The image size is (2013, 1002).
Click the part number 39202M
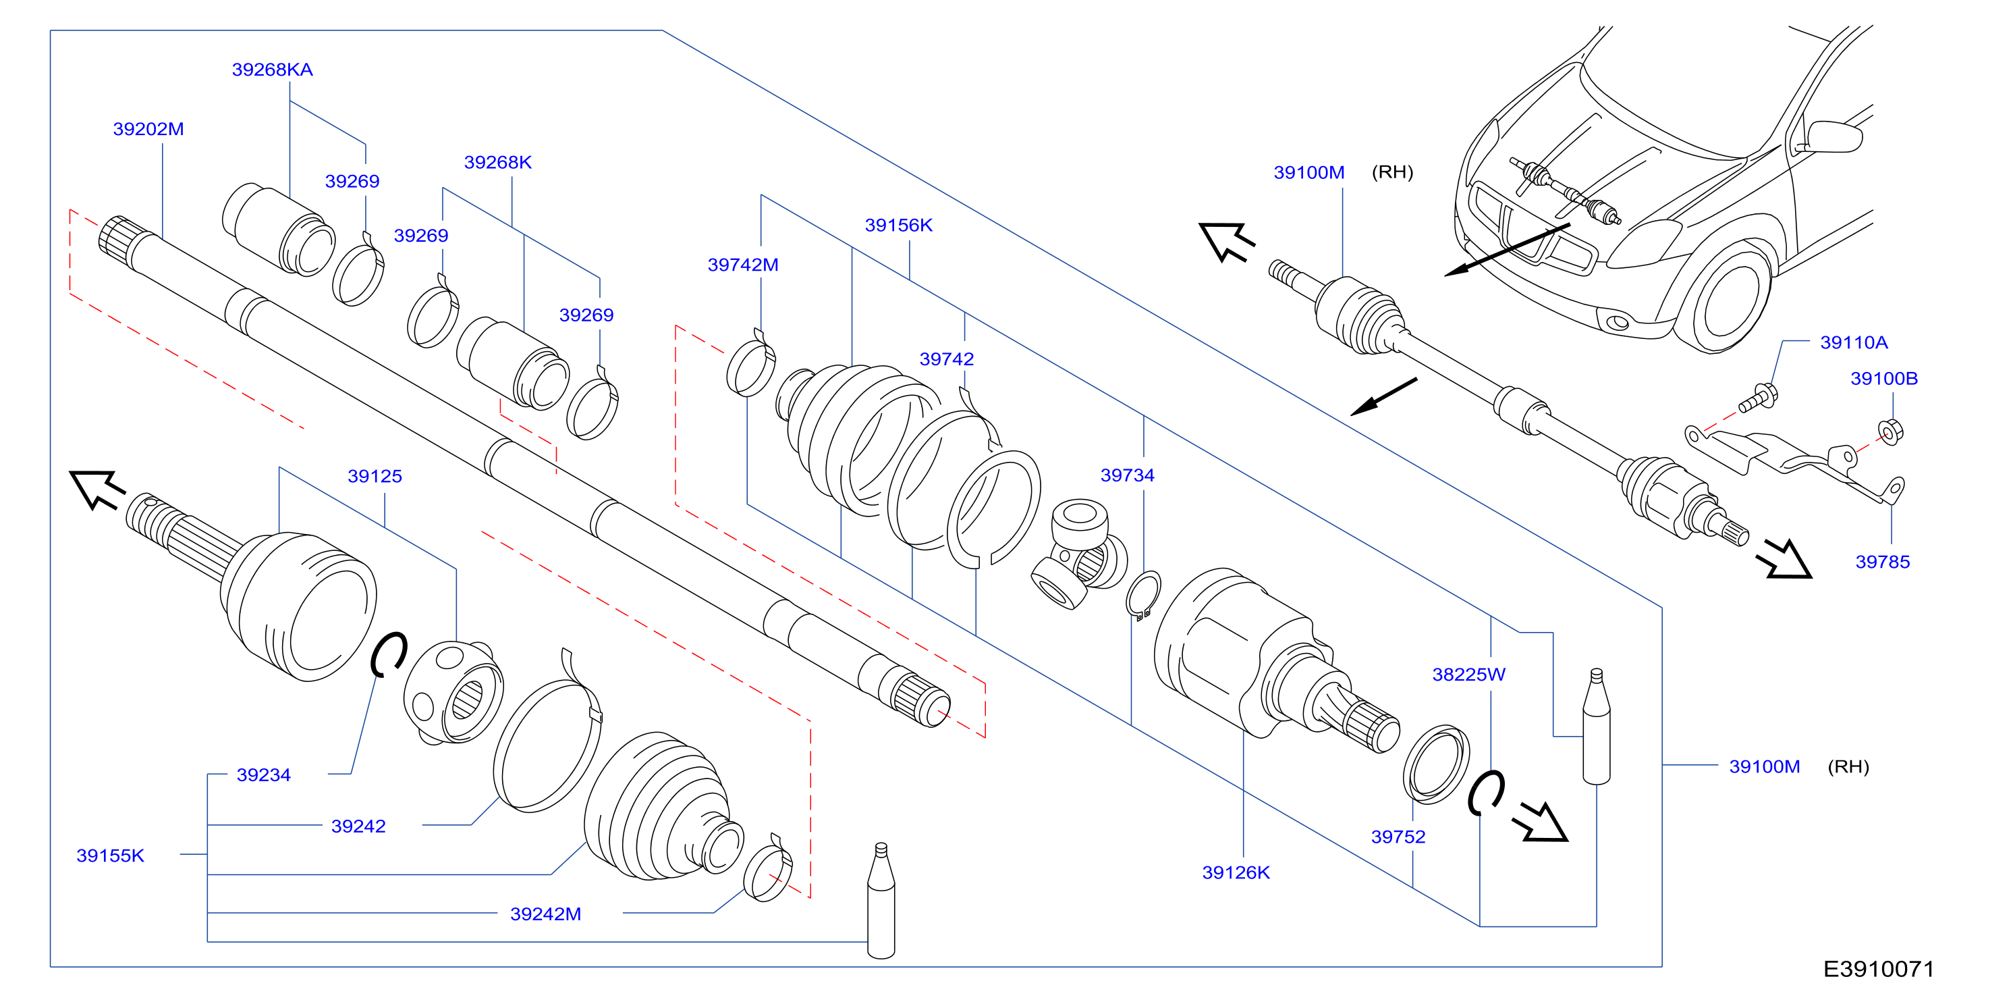[148, 129]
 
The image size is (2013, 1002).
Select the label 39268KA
[272, 70]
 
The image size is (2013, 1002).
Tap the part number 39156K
[899, 225]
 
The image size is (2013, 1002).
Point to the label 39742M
[743, 265]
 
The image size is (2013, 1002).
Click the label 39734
[1127, 475]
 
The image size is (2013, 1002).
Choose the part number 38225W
[1468, 675]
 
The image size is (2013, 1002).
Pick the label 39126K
[1236, 872]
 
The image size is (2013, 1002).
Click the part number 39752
[1398, 837]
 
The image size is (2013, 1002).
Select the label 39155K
[110, 856]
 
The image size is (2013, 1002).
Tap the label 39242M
[545, 914]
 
